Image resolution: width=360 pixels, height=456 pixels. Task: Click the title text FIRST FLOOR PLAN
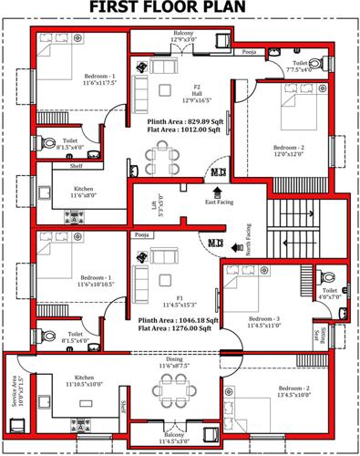(x=180, y=9)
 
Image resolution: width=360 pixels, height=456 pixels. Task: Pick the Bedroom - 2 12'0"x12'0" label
(x=290, y=150)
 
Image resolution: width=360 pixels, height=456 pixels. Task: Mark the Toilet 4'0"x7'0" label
(x=330, y=294)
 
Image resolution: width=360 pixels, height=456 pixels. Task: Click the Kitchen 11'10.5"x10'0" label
(x=84, y=381)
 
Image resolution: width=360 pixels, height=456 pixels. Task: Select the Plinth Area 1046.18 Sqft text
(x=179, y=322)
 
